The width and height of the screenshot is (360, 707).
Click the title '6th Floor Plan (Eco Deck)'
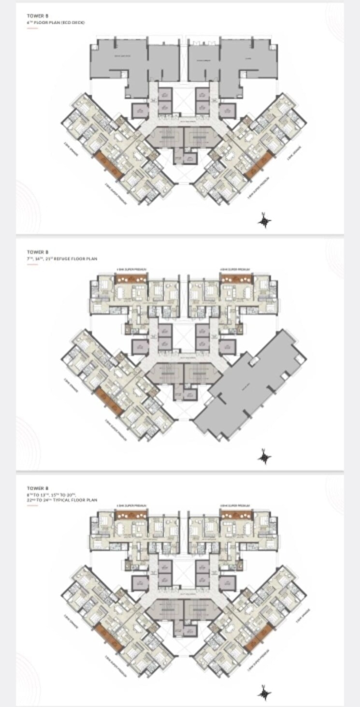[x=56, y=23]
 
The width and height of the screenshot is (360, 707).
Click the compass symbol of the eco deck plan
[x=264, y=221]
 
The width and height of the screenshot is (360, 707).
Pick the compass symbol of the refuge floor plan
[x=264, y=456]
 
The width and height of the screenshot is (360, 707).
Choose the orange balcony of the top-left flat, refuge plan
[x=131, y=278]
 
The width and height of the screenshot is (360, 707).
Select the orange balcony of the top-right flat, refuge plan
[x=236, y=278]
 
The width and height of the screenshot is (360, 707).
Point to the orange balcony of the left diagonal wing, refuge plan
[x=107, y=402]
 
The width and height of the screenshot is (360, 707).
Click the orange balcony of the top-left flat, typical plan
[x=131, y=515]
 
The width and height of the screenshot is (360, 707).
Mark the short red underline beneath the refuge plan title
[x=32, y=264]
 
